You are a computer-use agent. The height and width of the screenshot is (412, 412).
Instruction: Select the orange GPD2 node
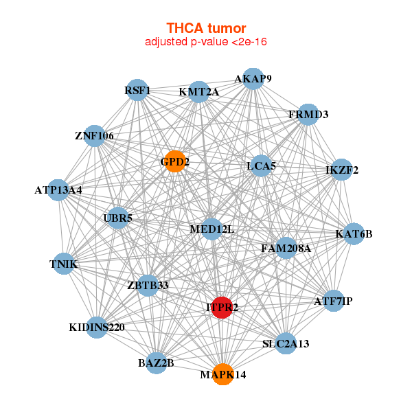(x=175, y=161)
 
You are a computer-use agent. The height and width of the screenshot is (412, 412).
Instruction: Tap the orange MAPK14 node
(x=222, y=374)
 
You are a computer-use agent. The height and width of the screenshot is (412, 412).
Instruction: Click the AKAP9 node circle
(x=253, y=78)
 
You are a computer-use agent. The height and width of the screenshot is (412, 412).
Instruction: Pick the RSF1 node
(x=137, y=90)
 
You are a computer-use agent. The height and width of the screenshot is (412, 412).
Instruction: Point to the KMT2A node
(x=198, y=92)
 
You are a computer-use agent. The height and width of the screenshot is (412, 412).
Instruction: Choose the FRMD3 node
(x=308, y=114)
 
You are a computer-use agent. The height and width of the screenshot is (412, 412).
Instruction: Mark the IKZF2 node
(x=341, y=170)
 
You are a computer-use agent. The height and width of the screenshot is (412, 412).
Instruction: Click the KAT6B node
(x=354, y=234)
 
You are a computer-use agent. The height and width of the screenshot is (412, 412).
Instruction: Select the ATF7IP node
(x=333, y=301)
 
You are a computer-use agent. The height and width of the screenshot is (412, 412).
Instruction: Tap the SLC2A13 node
(x=286, y=343)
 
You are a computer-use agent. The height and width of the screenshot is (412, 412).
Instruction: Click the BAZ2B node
(x=156, y=362)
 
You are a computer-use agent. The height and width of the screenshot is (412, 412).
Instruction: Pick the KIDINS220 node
(x=97, y=327)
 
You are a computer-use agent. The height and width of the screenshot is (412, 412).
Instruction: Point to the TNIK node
(x=63, y=264)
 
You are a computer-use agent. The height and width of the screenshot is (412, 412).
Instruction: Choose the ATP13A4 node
(x=58, y=190)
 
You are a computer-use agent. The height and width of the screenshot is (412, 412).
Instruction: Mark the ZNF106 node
(x=94, y=136)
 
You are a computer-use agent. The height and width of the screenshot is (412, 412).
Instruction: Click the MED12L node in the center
(x=211, y=229)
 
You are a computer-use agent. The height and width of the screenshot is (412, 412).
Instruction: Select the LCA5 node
(x=260, y=165)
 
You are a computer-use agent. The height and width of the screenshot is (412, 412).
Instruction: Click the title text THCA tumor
(x=206, y=28)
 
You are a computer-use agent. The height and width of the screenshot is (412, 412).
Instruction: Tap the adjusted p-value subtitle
(x=206, y=42)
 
